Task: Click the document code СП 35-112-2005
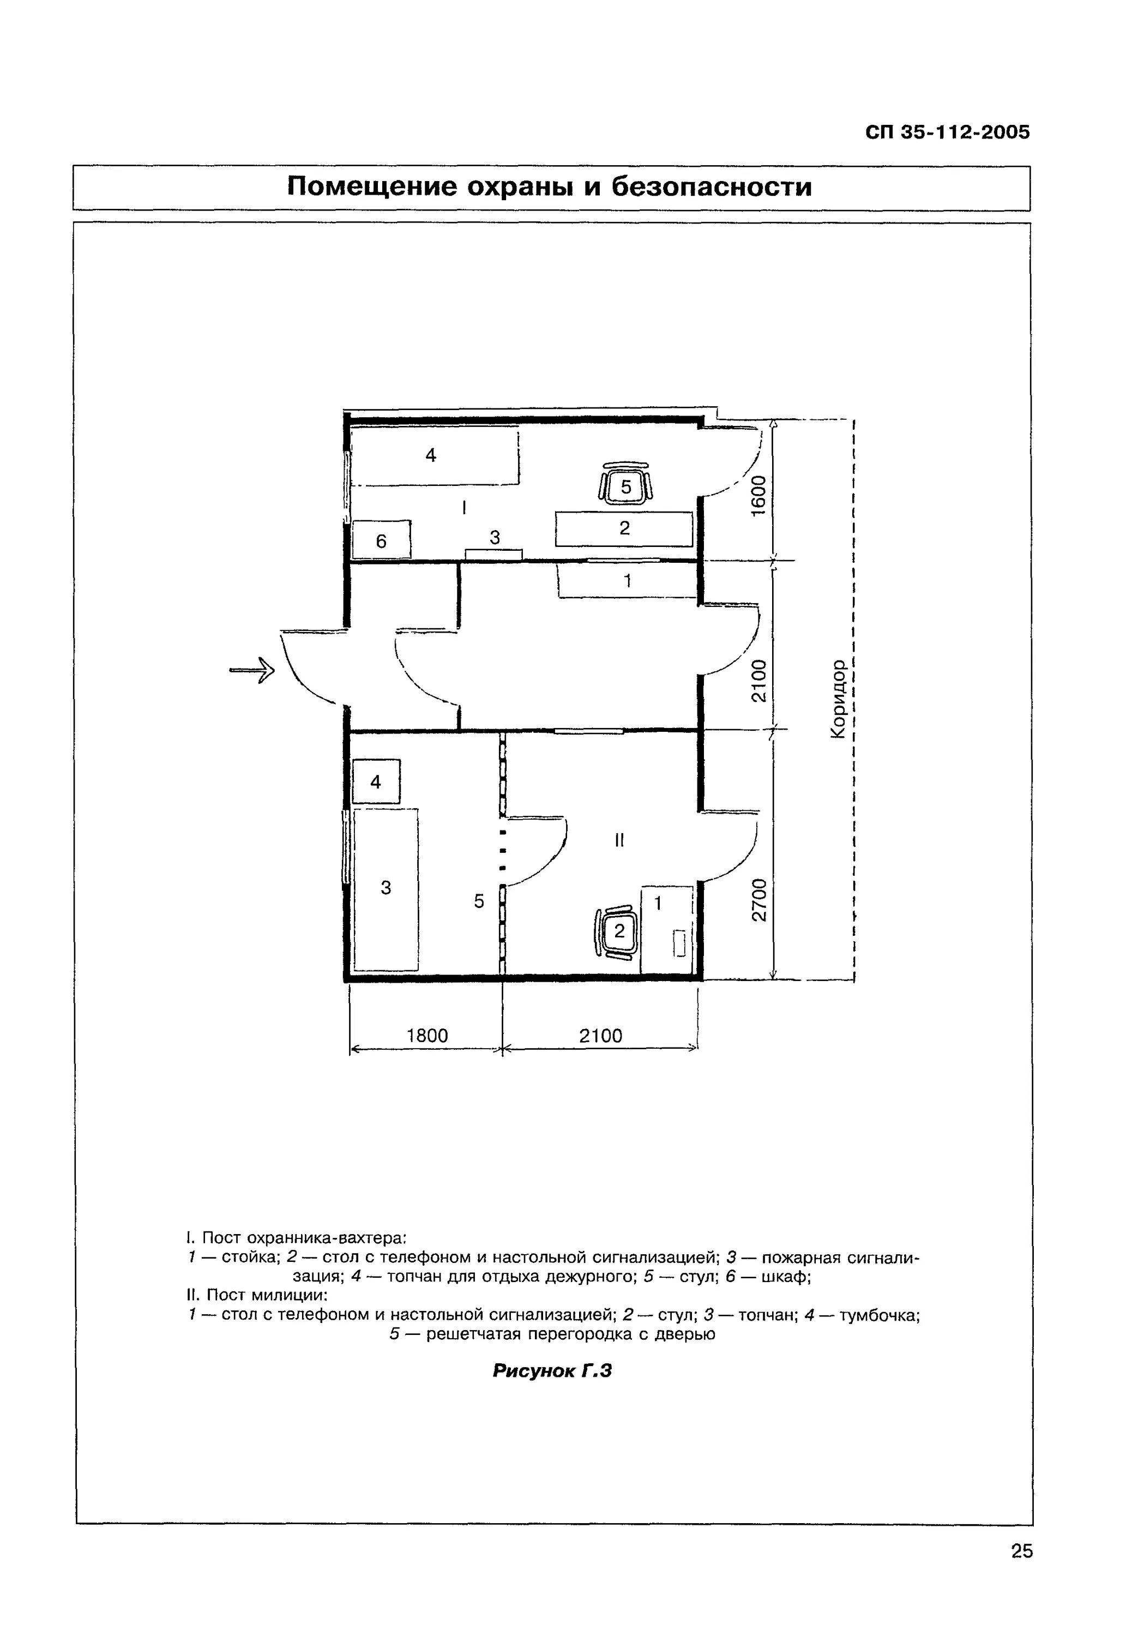coord(948,133)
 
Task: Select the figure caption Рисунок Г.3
coord(552,1371)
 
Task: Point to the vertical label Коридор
coord(838,699)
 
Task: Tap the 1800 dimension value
coord(427,1036)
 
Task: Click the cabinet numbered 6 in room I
coord(381,540)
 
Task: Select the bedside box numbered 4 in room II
coord(376,781)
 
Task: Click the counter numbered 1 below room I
coord(627,581)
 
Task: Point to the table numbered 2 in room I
coord(624,528)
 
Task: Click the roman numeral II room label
coord(619,840)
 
